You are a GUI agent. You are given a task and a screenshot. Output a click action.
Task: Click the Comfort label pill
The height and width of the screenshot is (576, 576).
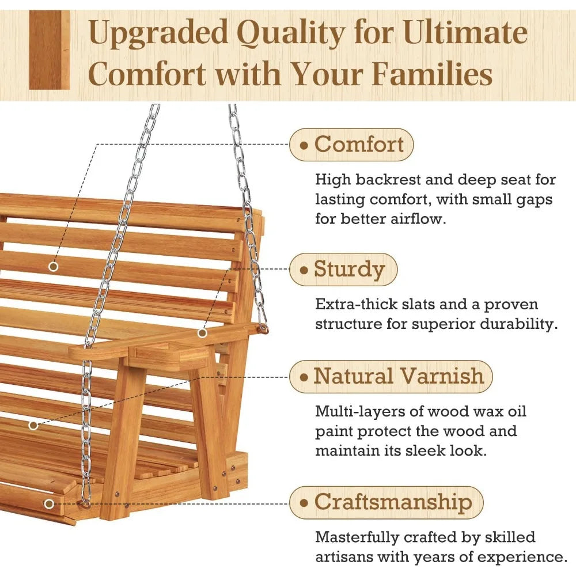click(x=351, y=144)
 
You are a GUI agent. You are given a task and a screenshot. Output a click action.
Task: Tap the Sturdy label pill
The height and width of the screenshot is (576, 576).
click(x=344, y=270)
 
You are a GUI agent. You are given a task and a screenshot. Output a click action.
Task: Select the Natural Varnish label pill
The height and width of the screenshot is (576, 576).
click(x=391, y=377)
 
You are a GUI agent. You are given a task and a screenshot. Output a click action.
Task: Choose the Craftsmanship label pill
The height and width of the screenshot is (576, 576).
click(x=386, y=502)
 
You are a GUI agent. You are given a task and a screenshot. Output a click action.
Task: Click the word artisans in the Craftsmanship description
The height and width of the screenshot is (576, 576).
click(x=346, y=558)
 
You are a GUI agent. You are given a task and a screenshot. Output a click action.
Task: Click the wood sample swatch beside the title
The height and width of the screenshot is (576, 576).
click(x=49, y=50)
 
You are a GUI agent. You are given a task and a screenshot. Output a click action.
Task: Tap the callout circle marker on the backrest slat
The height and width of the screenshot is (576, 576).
click(x=53, y=267)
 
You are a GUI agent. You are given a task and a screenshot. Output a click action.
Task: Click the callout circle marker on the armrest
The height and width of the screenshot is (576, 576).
click(x=202, y=333)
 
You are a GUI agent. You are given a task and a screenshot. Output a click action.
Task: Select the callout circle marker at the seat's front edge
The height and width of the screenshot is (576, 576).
click(x=49, y=504)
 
